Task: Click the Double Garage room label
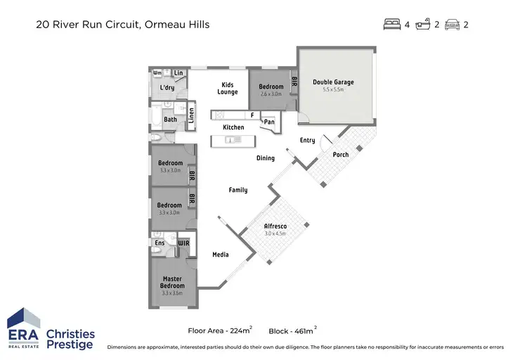333,82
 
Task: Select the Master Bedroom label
171,282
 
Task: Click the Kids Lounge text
227,88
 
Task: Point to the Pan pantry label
268,122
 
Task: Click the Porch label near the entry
340,155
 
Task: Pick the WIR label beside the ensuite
183,243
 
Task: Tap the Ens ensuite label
160,243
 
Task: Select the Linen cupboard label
190,115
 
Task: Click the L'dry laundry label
167,88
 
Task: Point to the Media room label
221,255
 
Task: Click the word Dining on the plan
265,158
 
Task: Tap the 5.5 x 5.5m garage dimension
333,90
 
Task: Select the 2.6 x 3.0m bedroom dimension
271,94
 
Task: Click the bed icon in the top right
391,25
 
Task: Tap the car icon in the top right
453,25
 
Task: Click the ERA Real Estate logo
23,328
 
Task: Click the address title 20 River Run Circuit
122,25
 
